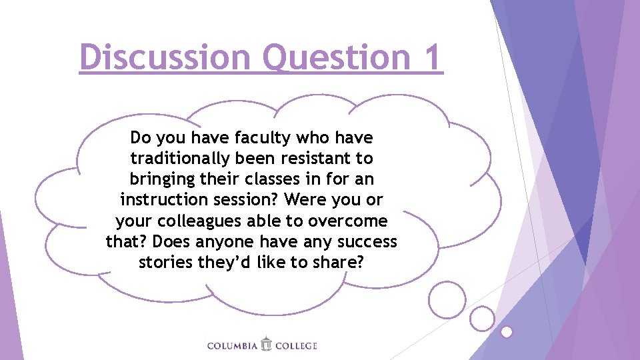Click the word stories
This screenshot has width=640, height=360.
pos(166,262)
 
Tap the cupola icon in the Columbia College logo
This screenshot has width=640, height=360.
pos(266,343)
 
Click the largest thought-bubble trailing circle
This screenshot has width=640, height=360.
pos(447,299)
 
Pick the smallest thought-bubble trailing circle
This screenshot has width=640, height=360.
pos(507,331)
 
